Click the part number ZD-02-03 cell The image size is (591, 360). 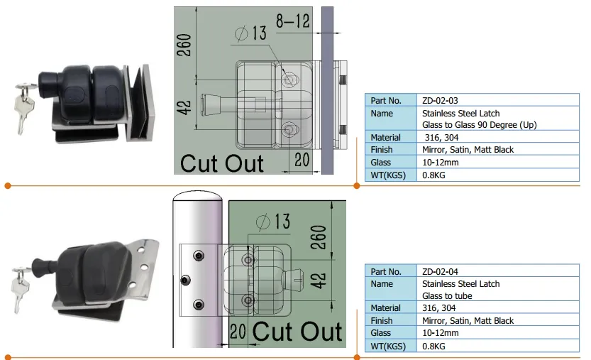tap(440, 101)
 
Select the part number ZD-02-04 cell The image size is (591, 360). tap(440, 271)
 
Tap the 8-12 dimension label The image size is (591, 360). tap(292, 21)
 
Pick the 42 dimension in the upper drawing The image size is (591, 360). tap(184, 108)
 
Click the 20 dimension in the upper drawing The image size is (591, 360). tap(301, 160)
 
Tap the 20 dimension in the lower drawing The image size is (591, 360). tap(237, 331)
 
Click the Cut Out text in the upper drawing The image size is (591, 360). tap(221, 162)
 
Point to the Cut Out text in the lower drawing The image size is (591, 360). tap(297, 331)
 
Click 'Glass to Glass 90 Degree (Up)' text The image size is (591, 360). tap(479, 125)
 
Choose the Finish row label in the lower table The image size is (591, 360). tap(381, 320)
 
